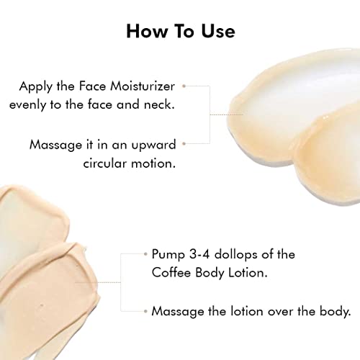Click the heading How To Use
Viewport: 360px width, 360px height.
tap(181, 31)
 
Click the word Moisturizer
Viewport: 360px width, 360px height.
tap(143, 86)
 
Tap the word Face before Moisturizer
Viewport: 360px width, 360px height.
tap(92, 86)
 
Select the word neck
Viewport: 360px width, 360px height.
tap(159, 104)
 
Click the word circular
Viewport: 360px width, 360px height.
tap(105, 163)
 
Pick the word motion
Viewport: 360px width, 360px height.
tap(153, 163)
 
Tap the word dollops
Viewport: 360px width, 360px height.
tap(236, 255)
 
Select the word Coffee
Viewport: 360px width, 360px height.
tap(171, 273)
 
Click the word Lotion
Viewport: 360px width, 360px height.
tap(248, 273)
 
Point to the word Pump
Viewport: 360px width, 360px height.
tap(168, 255)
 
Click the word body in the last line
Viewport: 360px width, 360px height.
tap(336, 312)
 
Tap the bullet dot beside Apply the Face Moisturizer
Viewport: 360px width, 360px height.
tap(184, 86)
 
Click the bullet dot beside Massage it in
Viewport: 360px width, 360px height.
tap(184, 144)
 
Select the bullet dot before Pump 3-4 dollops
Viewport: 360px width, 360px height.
tap(145, 254)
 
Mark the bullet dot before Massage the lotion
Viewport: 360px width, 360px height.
tap(145, 312)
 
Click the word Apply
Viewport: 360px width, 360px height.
tap(35, 87)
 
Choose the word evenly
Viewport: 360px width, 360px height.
tap(27, 105)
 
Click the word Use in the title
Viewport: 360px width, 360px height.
tap(218, 32)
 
